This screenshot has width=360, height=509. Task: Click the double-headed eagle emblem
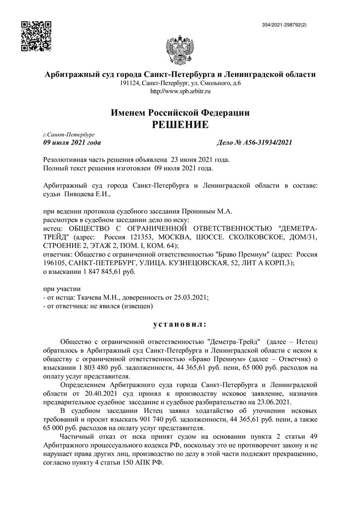[180, 49]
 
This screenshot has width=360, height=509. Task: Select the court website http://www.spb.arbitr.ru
[180, 91]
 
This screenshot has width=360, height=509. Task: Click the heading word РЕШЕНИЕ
[180, 125]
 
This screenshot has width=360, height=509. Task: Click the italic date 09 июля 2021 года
[72, 143]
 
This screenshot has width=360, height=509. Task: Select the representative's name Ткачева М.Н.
[98, 297]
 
